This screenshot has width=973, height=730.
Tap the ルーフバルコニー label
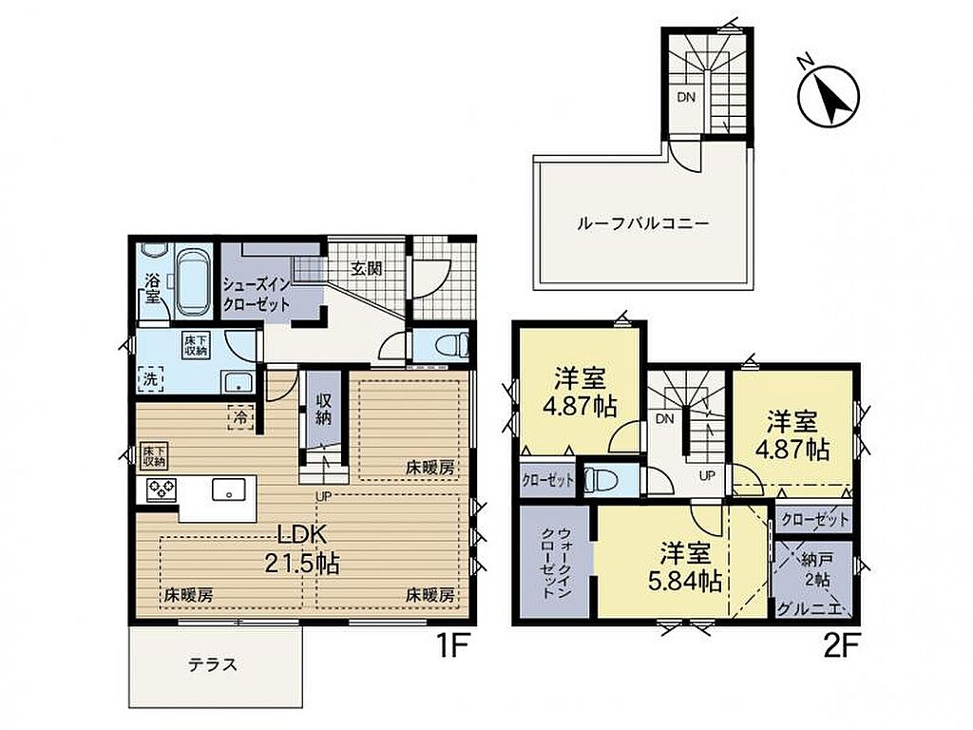tap(642, 222)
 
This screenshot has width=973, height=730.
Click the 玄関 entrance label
tap(366, 269)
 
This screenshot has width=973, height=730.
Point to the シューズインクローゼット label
tap(257, 296)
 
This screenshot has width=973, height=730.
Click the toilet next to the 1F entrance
tap(452, 344)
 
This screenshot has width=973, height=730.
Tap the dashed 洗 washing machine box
tap(150, 378)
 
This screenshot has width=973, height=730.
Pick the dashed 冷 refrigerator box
tap(240, 417)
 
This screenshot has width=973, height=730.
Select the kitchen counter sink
tap(229, 490)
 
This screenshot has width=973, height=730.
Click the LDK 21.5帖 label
tap(301, 548)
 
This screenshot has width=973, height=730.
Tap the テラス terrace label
tap(213, 664)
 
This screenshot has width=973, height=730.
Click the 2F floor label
tap(841, 647)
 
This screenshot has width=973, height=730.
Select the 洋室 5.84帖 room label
tap(684, 567)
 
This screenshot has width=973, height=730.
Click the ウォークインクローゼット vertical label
tap(556, 563)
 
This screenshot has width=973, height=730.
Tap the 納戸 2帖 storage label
tap(816, 569)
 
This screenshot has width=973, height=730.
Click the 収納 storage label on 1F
tap(323, 408)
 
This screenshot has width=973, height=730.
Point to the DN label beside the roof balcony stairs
tap(686, 97)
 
